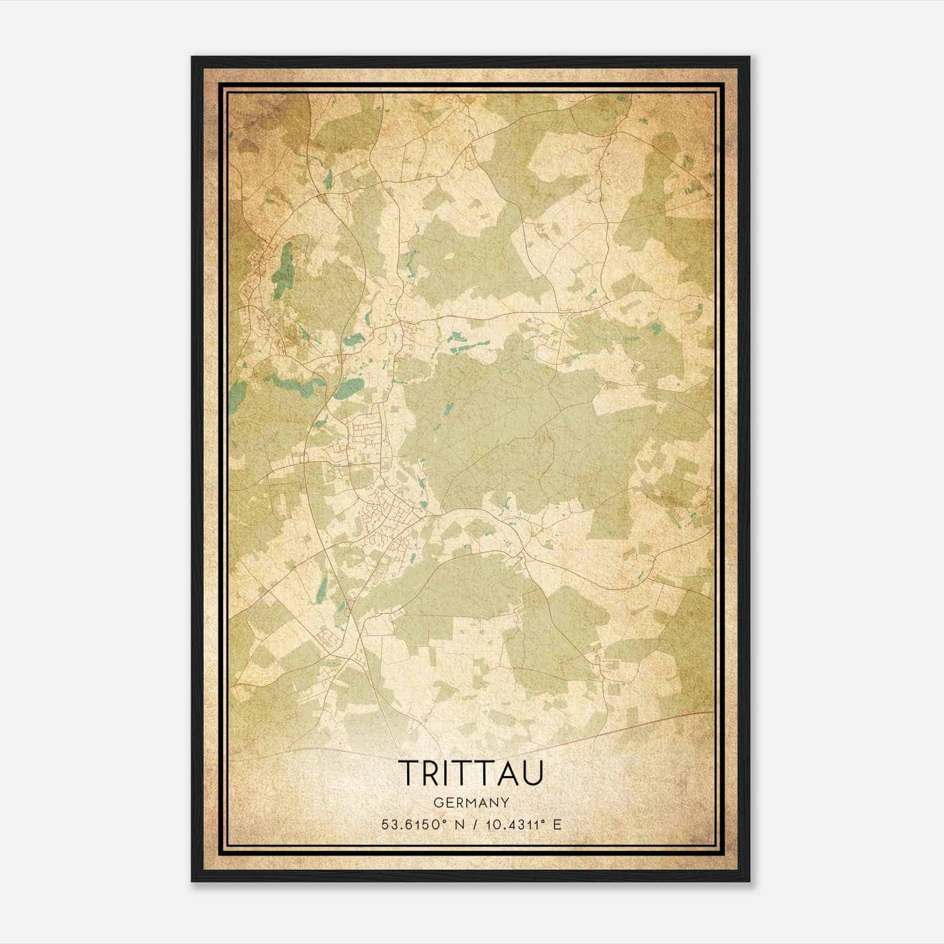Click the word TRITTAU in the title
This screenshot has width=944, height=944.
[471, 773]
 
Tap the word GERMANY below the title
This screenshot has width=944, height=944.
[471, 802]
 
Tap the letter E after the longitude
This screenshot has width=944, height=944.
[558, 825]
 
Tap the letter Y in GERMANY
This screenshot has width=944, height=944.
[504, 802]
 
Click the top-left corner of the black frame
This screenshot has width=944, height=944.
[192, 57]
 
